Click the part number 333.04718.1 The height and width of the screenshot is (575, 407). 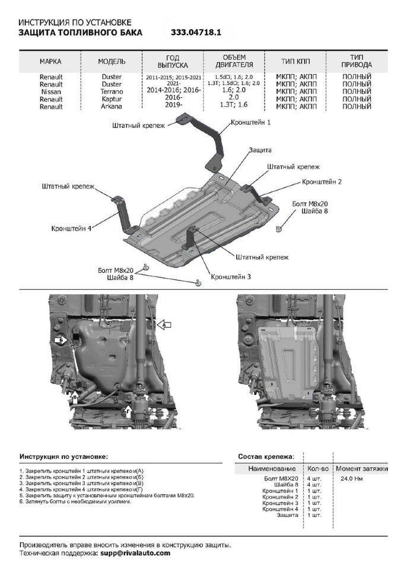pos(196,33)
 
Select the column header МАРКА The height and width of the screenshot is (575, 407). pos(50,62)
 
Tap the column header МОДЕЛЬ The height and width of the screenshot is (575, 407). pos(112,62)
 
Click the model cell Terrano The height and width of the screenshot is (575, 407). pos(111,92)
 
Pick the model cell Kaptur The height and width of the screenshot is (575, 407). pos(111,99)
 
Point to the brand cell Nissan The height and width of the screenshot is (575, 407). pos(51,92)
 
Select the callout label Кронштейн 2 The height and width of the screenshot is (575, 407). pos(322,181)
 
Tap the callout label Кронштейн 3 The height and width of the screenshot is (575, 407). pos(231,276)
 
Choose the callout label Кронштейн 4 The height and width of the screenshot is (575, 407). pos(71,227)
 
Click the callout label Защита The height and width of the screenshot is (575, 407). pos(260,150)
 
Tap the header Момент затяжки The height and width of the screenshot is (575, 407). pos(363,468)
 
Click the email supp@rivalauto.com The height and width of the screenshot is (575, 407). pos(135,552)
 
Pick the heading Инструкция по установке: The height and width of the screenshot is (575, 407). pos(63,457)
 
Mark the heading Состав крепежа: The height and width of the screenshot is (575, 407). pos(265,457)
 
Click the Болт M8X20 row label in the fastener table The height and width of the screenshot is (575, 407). pos(281,477)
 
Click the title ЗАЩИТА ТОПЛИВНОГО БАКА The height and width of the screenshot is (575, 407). pos(80,33)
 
